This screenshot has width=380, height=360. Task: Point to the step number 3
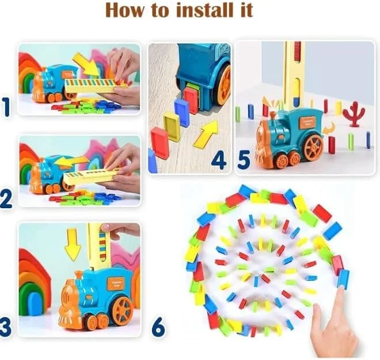click(6, 327)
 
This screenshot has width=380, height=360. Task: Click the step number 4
click(218, 159)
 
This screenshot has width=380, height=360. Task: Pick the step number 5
click(244, 159)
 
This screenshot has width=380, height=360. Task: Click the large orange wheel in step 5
click(313, 146)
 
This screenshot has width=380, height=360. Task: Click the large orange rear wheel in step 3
click(122, 311)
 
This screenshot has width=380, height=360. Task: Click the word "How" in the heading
click(128, 10)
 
